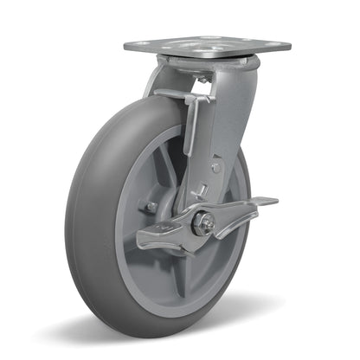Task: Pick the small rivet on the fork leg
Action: [x=216, y=167]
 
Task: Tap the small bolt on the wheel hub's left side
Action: [x=152, y=207]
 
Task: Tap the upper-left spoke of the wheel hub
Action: [x=152, y=169]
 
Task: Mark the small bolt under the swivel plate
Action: [x=204, y=80]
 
